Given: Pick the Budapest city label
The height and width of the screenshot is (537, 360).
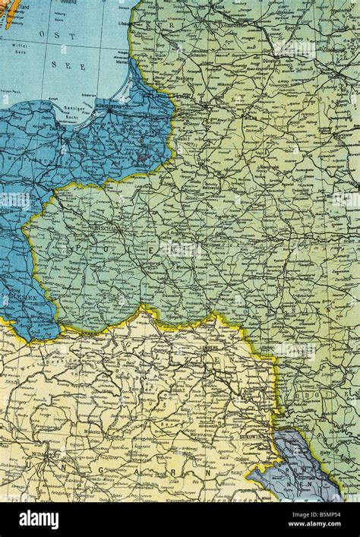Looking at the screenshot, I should pyautogui.click(x=51, y=455).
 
